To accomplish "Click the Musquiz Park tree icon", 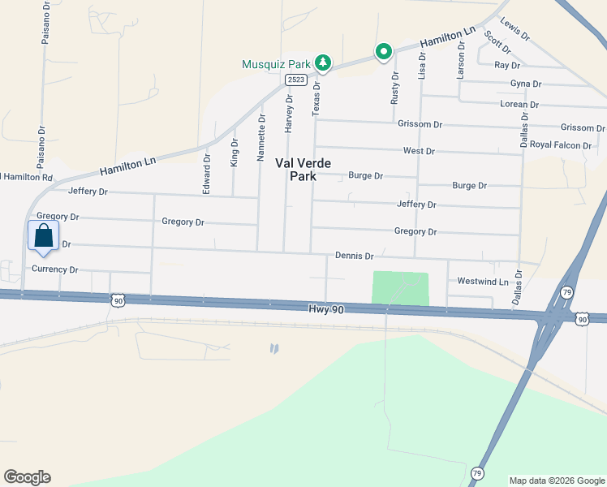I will [323, 62].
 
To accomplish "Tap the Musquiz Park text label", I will [277, 63].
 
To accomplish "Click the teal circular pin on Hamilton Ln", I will [384, 52].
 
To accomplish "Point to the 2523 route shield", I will [295, 80].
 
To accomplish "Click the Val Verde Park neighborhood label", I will [303, 169].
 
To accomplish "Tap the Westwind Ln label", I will [482, 282].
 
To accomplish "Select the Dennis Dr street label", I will [354, 256].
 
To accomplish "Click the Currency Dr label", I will [54, 269].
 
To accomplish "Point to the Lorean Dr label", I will [519, 105].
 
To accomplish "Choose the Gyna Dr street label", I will [526, 84].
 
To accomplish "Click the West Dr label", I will [419, 151].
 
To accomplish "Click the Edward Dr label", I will [206, 175].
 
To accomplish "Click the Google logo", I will [27, 477].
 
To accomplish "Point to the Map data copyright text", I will [556, 481].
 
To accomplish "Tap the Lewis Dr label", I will [514, 30].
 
